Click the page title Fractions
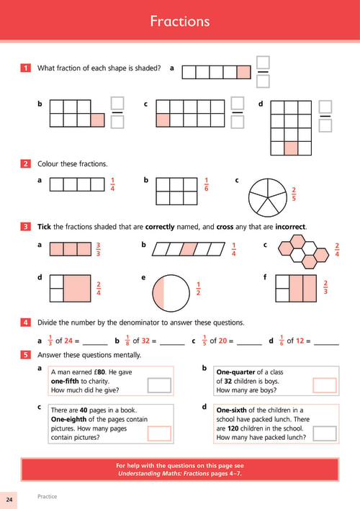click(180, 22)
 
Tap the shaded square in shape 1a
click(244, 73)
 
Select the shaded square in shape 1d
click(291, 148)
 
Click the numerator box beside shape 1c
click(238, 103)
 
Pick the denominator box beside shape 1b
click(117, 122)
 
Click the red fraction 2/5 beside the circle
click(294, 194)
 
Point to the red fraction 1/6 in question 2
click(206, 184)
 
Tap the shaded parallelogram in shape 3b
click(189, 249)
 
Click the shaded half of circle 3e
click(158, 293)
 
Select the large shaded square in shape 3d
click(77, 289)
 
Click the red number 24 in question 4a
click(68, 341)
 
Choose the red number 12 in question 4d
click(300, 341)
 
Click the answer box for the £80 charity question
click(159, 385)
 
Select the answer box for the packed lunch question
click(324, 433)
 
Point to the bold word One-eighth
click(68, 419)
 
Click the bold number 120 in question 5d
click(233, 428)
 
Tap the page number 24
click(9, 499)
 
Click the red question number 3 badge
click(25, 226)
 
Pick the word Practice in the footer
click(47, 496)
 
